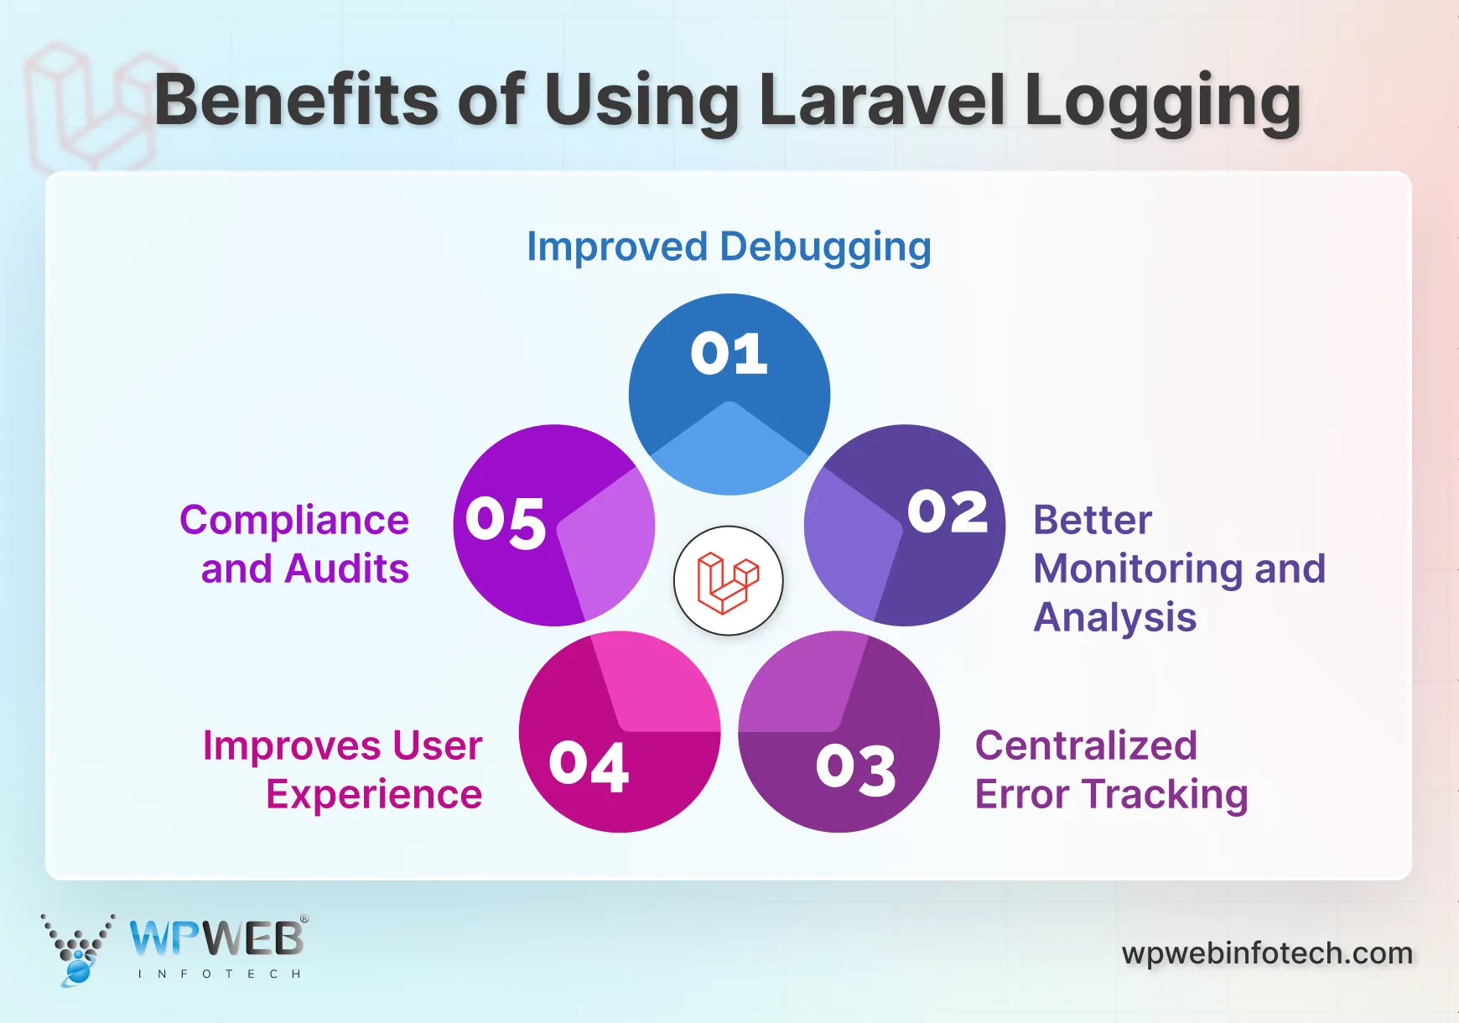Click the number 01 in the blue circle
729,354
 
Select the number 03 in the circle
855,769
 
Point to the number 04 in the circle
589,766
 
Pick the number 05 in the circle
506,522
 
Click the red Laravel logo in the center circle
728,581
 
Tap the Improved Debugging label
729,247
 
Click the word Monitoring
1138,569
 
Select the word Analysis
1114,618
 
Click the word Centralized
1086,745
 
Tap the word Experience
374,794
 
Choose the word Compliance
294,520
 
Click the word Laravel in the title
882,101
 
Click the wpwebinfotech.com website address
1267,953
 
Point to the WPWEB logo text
217,938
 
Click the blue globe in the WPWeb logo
78,971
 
